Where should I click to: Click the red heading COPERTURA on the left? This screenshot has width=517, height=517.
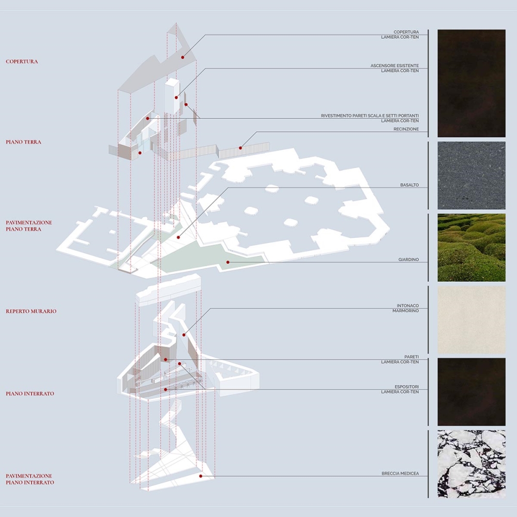(x=22, y=62)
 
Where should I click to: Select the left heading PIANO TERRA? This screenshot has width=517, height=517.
(x=23, y=142)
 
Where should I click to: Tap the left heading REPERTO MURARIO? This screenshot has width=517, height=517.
(x=31, y=311)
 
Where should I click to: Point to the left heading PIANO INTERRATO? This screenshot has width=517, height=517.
(x=30, y=393)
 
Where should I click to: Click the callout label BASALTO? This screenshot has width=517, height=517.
(x=409, y=185)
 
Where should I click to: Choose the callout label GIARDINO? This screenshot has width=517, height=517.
(x=408, y=260)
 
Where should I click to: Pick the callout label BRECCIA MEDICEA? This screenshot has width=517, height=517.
(x=400, y=474)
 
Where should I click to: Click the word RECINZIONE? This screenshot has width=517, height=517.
(x=406, y=129)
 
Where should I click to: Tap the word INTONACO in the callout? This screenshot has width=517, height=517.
(x=408, y=306)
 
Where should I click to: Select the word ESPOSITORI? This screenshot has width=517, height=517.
(x=406, y=386)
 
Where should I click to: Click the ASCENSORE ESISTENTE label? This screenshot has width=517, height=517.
(x=394, y=66)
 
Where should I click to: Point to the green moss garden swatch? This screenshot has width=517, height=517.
(x=471, y=247)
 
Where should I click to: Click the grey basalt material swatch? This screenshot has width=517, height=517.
(x=471, y=175)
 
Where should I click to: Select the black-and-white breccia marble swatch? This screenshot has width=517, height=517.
(x=471, y=464)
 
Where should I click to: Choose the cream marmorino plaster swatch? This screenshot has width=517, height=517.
(x=471, y=320)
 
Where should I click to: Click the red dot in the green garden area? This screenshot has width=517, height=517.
(x=227, y=262)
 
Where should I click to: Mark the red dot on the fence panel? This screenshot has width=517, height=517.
(x=240, y=148)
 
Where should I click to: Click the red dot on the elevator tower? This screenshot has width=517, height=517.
(x=176, y=97)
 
